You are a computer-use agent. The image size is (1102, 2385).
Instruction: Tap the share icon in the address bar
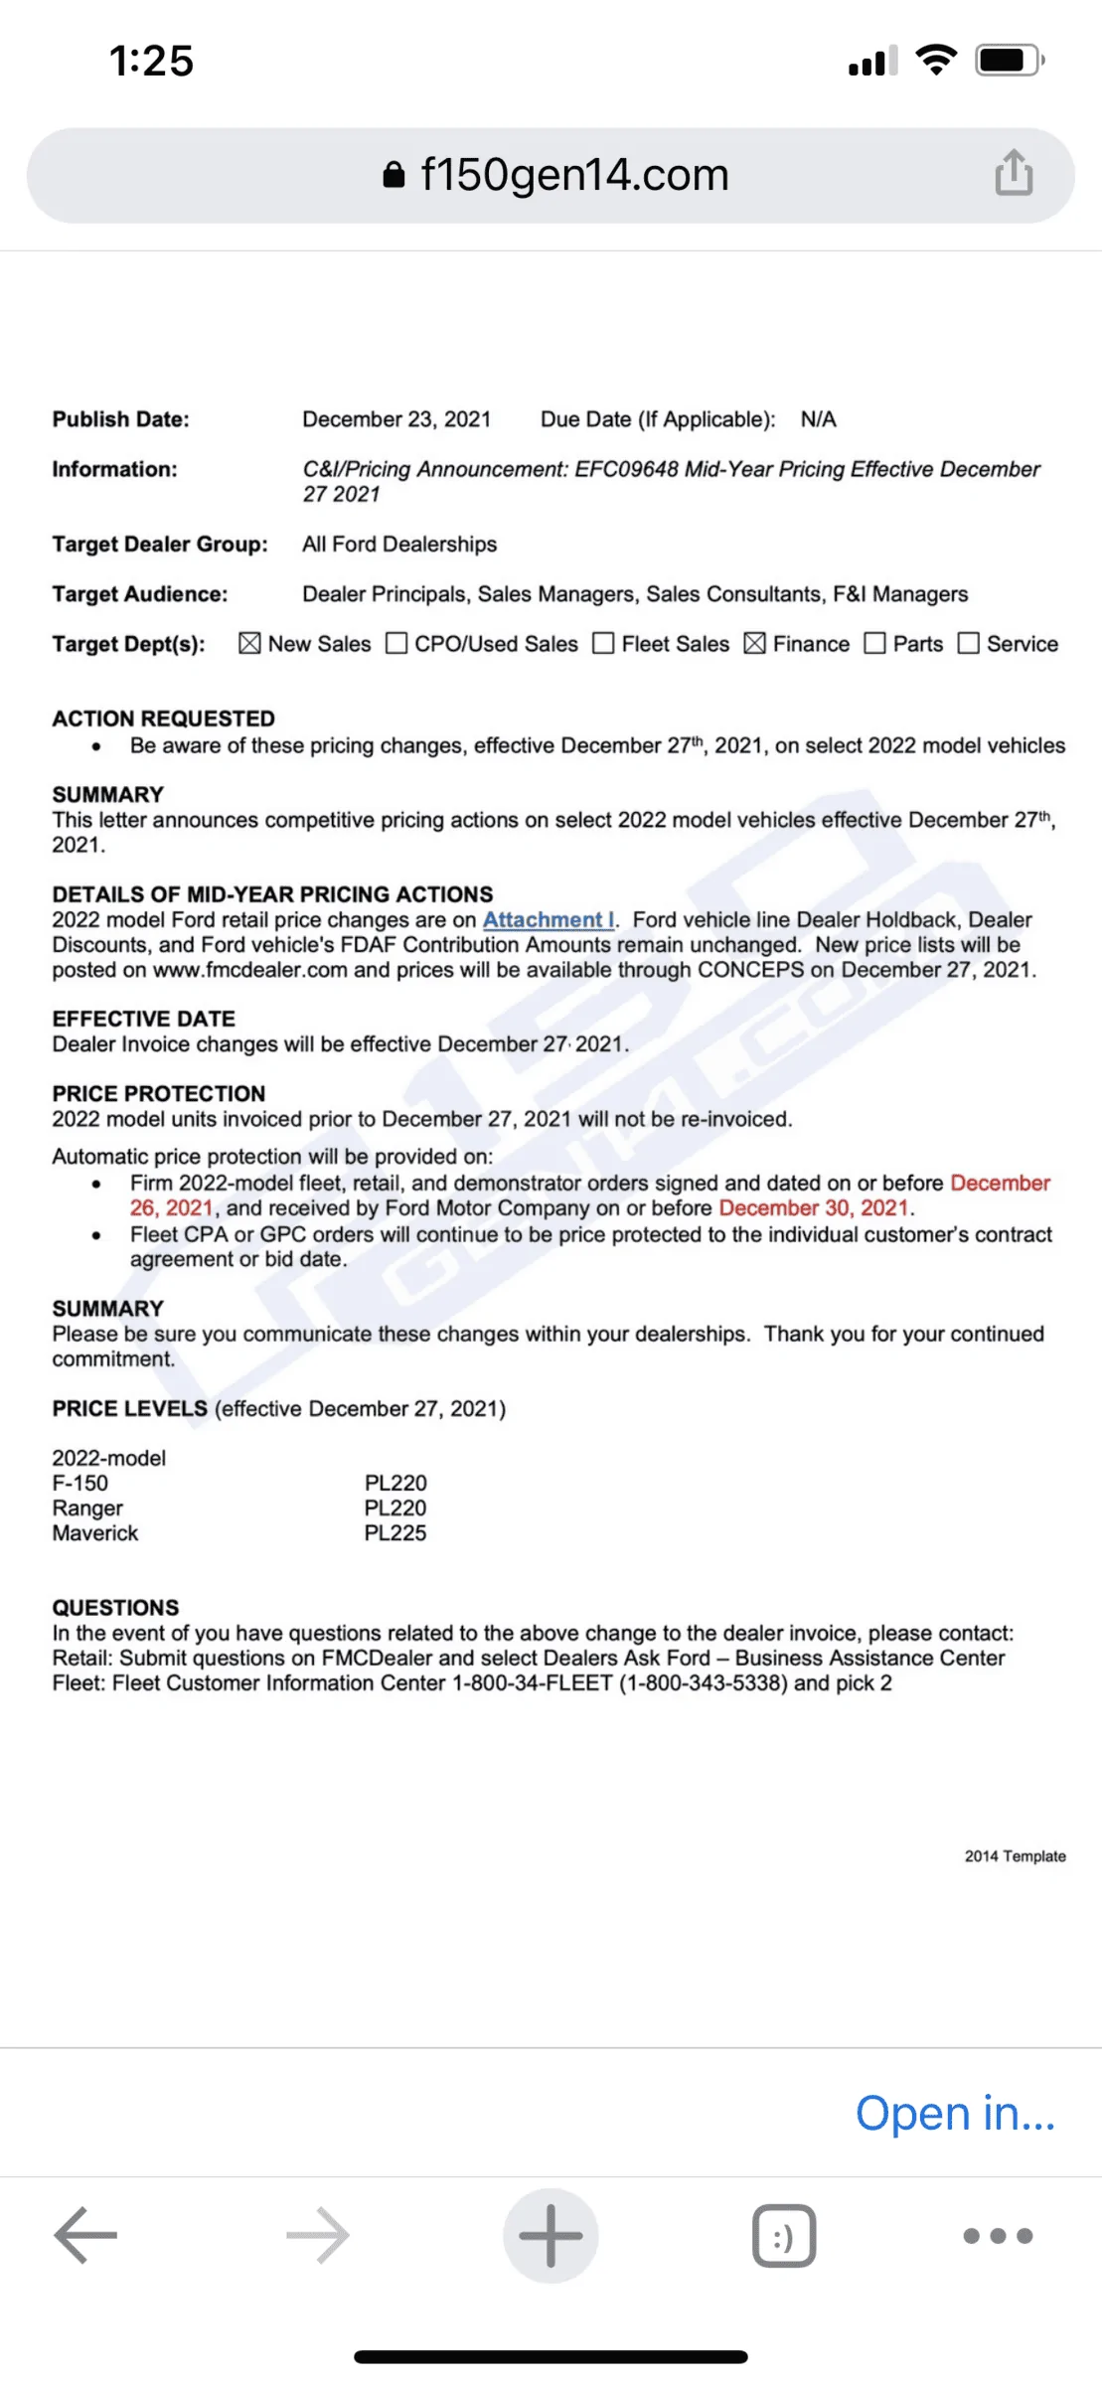click(x=1014, y=173)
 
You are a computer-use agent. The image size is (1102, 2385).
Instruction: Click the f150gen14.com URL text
click(x=574, y=175)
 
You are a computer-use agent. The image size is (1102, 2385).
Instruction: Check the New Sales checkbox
click(x=249, y=644)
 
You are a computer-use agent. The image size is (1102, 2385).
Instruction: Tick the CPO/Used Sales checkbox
click(x=396, y=644)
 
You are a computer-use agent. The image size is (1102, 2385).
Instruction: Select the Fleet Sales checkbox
click(x=603, y=644)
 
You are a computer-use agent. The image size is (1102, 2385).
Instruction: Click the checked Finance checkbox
click(x=755, y=644)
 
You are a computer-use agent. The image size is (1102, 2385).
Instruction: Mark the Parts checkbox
click(x=874, y=644)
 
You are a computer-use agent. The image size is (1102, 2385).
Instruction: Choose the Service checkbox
click(x=968, y=644)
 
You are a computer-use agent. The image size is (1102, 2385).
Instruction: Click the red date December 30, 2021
click(x=814, y=1208)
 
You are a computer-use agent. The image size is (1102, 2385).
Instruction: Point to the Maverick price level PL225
click(x=395, y=1533)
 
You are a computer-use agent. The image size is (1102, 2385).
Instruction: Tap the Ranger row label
click(x=87, y=1509)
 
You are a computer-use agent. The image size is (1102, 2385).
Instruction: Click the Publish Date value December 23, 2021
click(x=396, y=419)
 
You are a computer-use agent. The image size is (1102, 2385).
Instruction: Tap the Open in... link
click(x=955, y=2114)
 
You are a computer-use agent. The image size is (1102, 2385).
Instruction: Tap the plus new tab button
click(x=551, y=2236)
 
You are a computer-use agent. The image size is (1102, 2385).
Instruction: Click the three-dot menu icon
click(x=998, y=2236)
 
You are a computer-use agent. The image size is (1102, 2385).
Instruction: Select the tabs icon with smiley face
click(x=784, y=2236)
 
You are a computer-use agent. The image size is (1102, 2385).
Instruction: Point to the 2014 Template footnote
click(x=1015, y=1856)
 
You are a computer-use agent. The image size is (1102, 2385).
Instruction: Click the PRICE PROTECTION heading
click(x=159, y=1094)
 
